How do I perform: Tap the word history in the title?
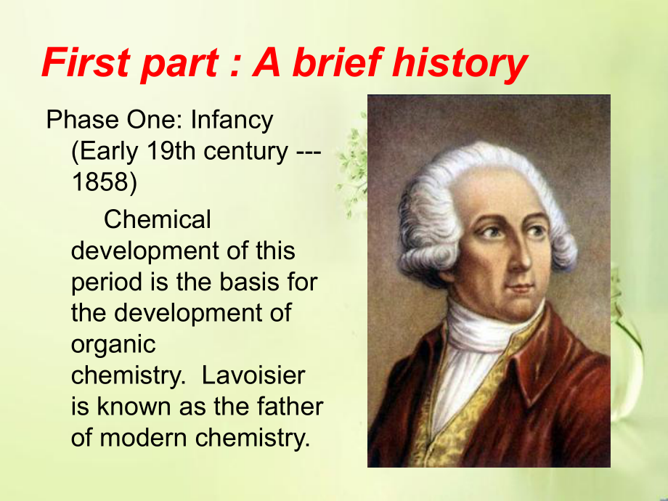coord(460,65)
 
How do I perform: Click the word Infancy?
coord(232,120)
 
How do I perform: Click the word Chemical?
coord(158,219)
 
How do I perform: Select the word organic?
coord(113,345)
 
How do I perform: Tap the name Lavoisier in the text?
coord(253,375)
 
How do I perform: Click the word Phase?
coord(83,120)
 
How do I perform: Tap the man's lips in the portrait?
coord(521,288)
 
